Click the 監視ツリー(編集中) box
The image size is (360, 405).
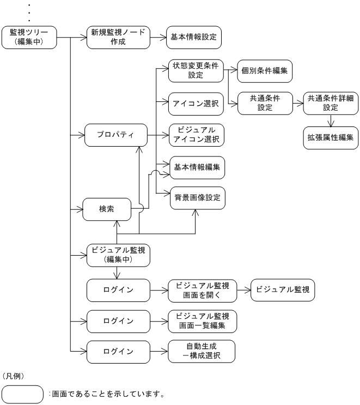pos(28,37)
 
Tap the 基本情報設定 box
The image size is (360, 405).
pos(194,37)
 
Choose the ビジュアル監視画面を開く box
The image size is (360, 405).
pos(203,289)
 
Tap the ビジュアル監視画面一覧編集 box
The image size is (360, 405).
pos(203,321)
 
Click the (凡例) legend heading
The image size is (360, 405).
pos(14,376)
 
